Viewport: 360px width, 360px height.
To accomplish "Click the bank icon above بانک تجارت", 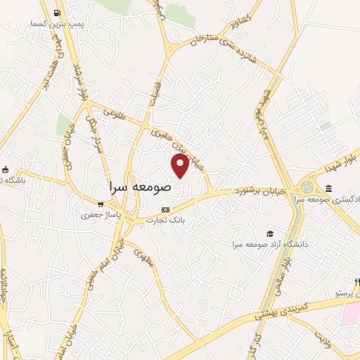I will (165, 210).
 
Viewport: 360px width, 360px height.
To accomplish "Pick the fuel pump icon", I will (56, 12).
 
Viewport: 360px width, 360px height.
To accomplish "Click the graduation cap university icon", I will (270, 233).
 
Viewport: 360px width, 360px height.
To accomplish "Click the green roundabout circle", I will (306, 188).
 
